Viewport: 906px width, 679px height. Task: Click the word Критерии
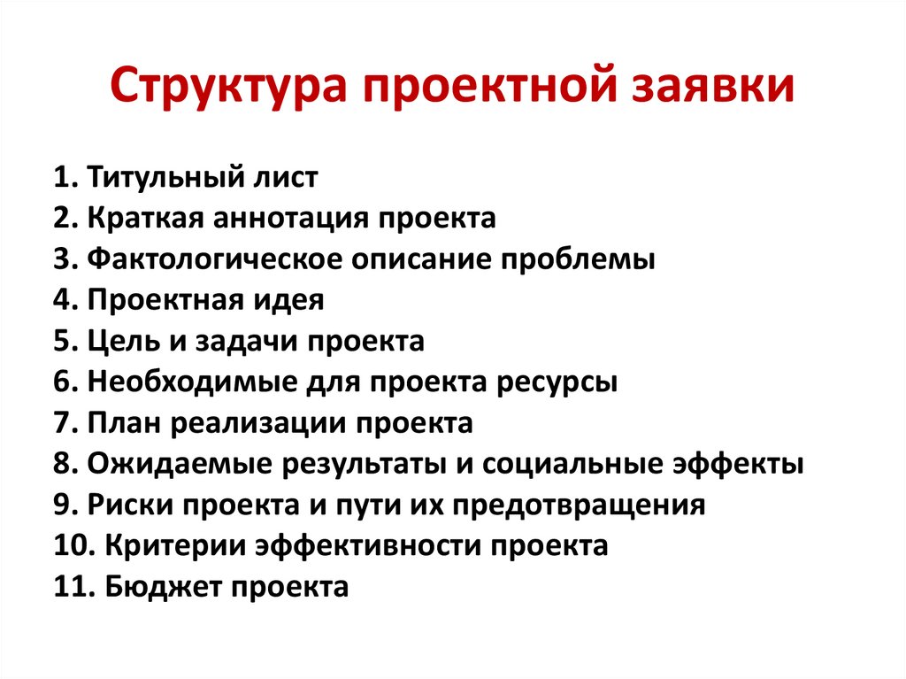(x=174, y=545)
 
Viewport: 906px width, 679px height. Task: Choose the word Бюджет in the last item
(x=156, y=586)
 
